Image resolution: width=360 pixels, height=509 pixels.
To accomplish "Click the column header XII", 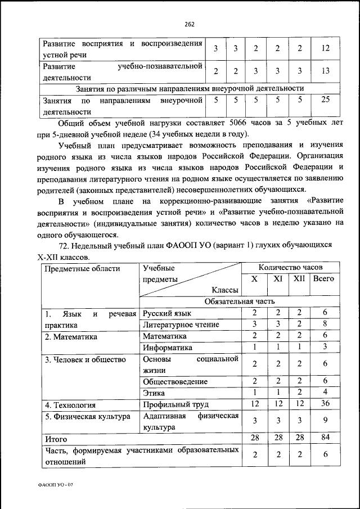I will [299, 278].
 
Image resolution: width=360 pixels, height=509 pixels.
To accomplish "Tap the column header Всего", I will [324, 278].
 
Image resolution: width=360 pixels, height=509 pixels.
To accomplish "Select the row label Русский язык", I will [167, 313].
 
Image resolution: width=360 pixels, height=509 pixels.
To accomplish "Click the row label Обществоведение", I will [175, 381].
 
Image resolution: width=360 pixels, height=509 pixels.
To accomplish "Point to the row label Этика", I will [154, 393].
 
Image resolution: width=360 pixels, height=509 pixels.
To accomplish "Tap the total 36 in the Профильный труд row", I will [325, 404].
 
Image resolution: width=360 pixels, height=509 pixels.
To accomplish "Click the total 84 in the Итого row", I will [325, 438].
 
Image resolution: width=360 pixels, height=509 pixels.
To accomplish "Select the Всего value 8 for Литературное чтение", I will [325, 324].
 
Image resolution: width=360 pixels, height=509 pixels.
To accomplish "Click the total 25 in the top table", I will [325, 100].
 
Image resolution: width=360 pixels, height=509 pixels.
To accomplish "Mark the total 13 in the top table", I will [325, 71].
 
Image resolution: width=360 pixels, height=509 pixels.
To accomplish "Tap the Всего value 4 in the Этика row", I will [325, 393].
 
